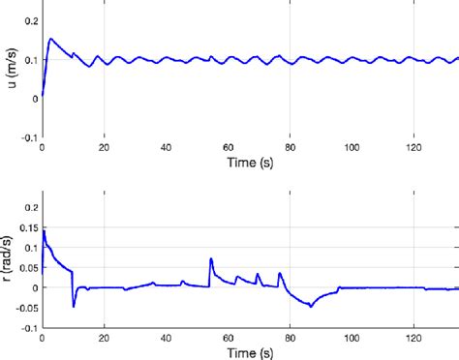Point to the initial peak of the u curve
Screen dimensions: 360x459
(x=50, y=39)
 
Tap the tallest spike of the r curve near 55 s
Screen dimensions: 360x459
(x=210, y=258)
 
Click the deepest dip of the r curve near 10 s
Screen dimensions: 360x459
(x=74, y=307)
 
